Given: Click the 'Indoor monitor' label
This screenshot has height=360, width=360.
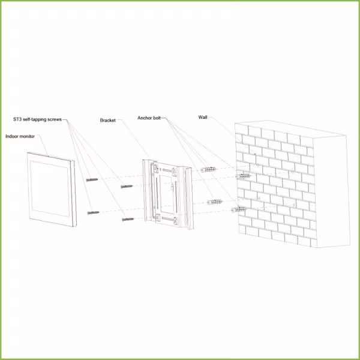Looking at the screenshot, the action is tap(20, 136).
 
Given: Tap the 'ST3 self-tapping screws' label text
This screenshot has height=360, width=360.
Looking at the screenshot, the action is tap(37, 119).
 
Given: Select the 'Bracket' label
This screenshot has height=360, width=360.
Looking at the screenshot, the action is tap(107, 121).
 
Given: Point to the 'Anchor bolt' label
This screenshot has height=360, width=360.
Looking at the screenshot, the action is tap(149, 118).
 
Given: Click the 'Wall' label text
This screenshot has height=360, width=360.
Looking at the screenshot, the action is tap(203, 118).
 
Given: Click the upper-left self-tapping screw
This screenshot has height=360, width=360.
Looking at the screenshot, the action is tap(92, 180).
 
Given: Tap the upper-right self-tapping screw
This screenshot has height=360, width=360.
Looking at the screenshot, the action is tap(127, 187).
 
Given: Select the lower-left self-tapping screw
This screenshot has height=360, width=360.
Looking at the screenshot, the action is tap(94, 213).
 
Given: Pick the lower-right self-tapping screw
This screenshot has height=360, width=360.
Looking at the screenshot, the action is tap(128, 220).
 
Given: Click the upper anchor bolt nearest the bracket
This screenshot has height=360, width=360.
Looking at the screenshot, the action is tap(208, 170).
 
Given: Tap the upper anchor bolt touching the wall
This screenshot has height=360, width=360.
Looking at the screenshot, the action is tap(243, 176).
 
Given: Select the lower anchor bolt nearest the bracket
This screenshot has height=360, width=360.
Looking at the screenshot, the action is tap(215, 202).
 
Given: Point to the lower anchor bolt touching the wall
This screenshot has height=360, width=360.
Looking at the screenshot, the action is tap(239, 209).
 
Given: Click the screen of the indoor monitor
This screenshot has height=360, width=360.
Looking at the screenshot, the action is tap(50, 189).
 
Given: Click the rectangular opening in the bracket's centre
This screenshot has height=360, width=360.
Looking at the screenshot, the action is tap(168, 194).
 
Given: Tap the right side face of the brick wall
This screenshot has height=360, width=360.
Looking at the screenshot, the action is tap(332, 191).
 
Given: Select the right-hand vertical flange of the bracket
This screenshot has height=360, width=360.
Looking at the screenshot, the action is tap(188, 198).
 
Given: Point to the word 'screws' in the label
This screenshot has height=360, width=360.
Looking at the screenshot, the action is tap(55, 119).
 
